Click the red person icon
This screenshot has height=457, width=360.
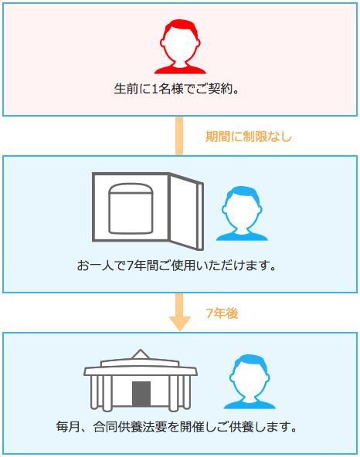[x=180, y=46]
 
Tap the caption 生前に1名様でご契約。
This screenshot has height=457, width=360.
[x=176, y=89]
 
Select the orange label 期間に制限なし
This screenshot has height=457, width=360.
[x=249, y=137]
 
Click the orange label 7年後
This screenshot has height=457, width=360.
[x=222, y=313]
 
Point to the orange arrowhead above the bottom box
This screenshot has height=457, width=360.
[x=180, y=323]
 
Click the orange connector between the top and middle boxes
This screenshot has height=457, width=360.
[x=179, y=136]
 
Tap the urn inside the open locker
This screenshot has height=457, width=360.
[x=131, y=208]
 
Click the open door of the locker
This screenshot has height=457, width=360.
[x=186, y=212]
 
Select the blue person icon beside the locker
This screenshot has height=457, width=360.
[x=242, y=213]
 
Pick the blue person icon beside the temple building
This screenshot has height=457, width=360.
[x=250, y=381]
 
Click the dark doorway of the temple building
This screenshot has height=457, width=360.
[x=141, y=394]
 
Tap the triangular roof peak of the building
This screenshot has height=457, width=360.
[x=141, y=354]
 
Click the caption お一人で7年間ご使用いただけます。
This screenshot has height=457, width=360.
[x=176, y=266]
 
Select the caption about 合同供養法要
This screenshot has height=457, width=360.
[x=176, y=427]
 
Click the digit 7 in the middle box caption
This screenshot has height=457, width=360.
[x=130, y=266]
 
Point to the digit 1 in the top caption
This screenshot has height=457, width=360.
[x=155, y=89]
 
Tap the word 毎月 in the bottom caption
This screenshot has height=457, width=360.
[x=68, y=427]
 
